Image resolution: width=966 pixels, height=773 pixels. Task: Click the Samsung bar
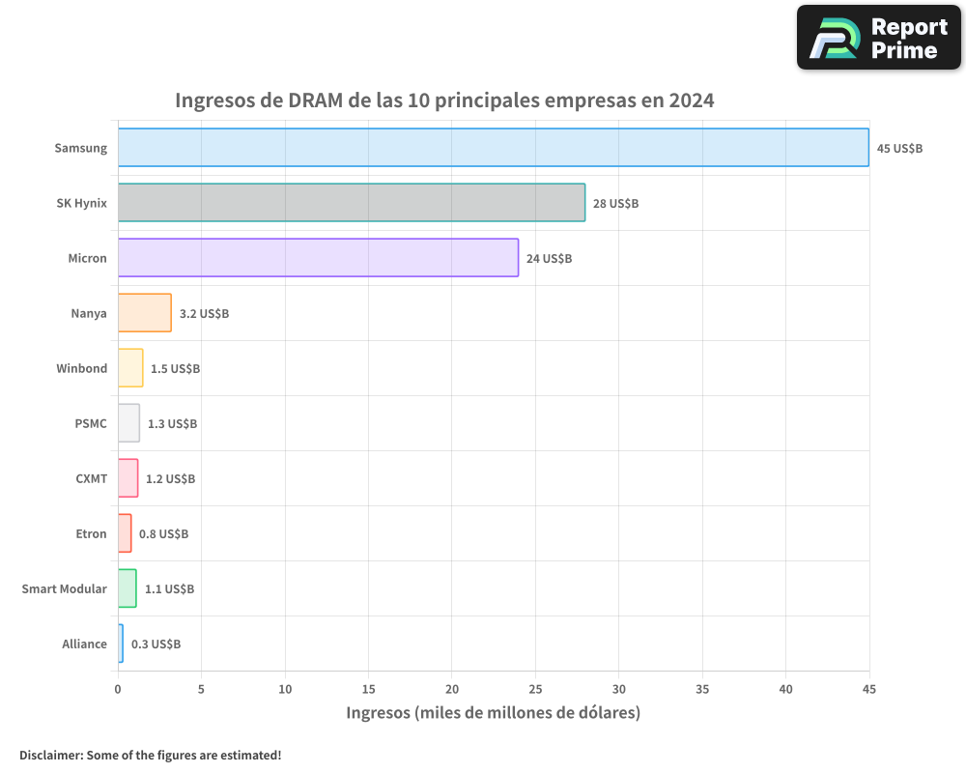[493, 148]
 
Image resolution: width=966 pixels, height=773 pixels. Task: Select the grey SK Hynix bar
[351, 203]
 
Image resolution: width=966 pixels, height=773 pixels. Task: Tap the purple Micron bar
[318, 258]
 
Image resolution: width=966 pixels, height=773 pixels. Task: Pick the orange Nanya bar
[144, 313]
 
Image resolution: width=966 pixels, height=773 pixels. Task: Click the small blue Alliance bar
[121, 644]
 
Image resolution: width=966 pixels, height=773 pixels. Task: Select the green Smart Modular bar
[127, 588]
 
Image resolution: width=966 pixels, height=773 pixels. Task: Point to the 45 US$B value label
[899, 149]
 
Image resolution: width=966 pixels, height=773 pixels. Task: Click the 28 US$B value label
[615, 204]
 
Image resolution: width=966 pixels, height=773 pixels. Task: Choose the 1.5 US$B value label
[175, 369]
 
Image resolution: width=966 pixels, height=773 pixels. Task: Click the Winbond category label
[81, 368]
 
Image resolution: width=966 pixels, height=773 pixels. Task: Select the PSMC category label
[91, 423]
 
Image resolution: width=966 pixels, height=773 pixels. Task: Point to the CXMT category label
[91, 478]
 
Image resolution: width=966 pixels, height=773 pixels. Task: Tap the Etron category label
[91, 533]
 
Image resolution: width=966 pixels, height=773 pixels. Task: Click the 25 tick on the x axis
[535, 689]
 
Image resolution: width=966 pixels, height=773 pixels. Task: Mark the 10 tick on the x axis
[285, 689]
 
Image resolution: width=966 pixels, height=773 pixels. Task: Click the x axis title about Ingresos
[493, 713]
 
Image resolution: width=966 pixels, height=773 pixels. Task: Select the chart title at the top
[444, 100]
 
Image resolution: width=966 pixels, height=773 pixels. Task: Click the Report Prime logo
[878, 38]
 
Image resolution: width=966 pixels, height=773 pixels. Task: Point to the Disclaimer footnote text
[150, 755]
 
